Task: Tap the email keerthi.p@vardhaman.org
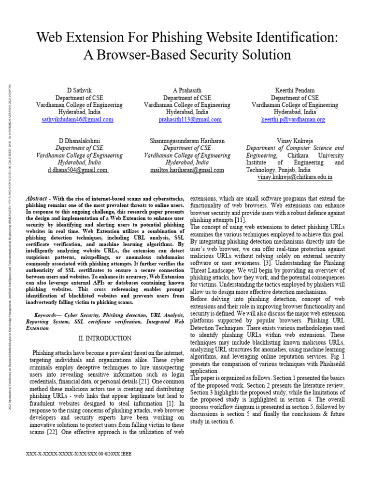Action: click(x=293, y=119)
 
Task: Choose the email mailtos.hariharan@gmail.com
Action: click(x=187, y=170)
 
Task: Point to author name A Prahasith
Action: click(x=187, y=90)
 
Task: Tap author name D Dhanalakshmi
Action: click(x=80, y=141)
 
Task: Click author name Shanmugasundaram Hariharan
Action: click(x=187, y=141)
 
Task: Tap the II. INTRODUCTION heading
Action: click(x=104, y=338)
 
